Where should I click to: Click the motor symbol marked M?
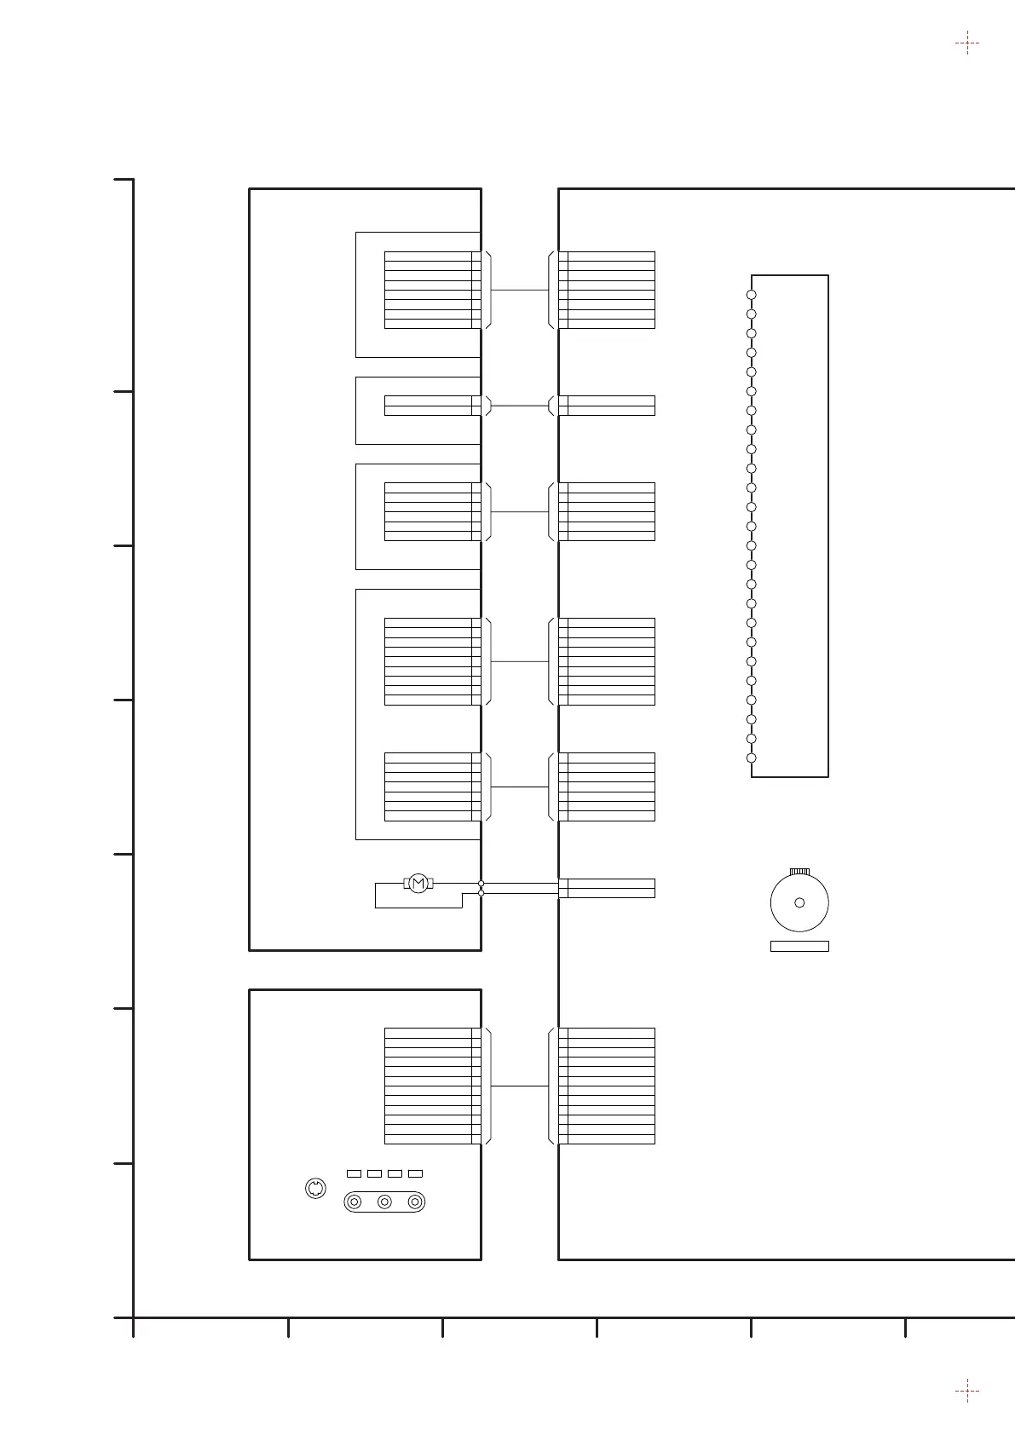pyautogui.click(x=418, y=884)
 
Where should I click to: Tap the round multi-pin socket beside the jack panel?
pyautogui.click(x=315, y=1188)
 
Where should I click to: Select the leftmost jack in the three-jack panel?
pyautogui.click(x=355, y=1202)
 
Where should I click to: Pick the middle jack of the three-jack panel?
pyautogui.click(x=385, y=1202)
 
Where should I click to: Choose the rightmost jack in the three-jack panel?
pyautogui.click(x=415, y=1202)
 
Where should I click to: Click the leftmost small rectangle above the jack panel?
pyautogui.click(x=354, y=1173)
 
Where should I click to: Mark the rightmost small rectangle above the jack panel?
pyautogui.click(x=415, y=1173)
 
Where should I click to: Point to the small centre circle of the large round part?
pyautogui.click(x=799, y=902)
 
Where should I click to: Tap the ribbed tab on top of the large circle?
pyautogui.click(x=799, y=871)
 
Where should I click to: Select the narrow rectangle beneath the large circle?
pyautogui.click(x=799, y=946)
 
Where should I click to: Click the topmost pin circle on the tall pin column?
pyautogui.click(x=751, y=295)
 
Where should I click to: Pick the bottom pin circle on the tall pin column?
pyautogui.click(x=751, y=758)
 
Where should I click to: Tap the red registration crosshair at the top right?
pyautogui.click(x=966, y=43)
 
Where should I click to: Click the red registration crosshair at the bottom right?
pyautogui.click(x=966, y=1392)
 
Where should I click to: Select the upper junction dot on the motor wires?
pyautogui.click(x=482, y=884)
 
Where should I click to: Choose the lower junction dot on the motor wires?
pyautogui.click(x=482, y=892)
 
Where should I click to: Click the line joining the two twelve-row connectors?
pyautogui.click(x=520, y=1086)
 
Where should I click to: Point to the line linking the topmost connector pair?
pyautogui.click(x=520, y=291)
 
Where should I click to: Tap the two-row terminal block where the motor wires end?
pyautogui.click(x=607, y=888)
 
